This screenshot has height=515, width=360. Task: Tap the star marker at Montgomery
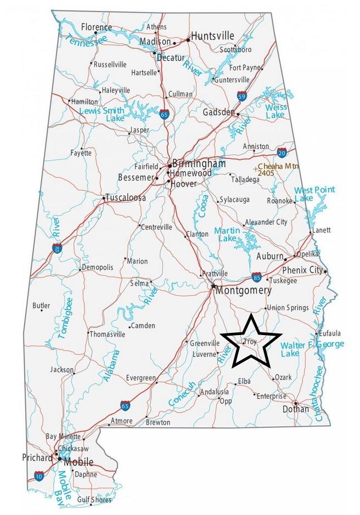(x=213, y=286)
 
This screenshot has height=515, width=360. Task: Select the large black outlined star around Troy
(x=250, y=342)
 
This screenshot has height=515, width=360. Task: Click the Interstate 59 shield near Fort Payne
(x=241, y=97)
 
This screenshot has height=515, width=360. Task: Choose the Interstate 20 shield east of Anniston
(x=282, y=152)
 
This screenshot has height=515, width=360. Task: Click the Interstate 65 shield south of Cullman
(x=164, y=115)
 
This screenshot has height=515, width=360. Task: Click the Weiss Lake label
(x=276, y=111)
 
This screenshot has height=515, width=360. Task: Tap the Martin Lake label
(x=227, y=234)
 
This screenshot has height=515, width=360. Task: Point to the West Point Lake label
(x=314, y=194)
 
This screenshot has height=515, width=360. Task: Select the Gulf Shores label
(x=94, y=499)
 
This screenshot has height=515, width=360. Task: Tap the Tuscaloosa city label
(x=126, y=197)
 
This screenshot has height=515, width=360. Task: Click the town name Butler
(x=41, y=305)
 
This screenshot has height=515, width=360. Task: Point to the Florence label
(x=96, y=27)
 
